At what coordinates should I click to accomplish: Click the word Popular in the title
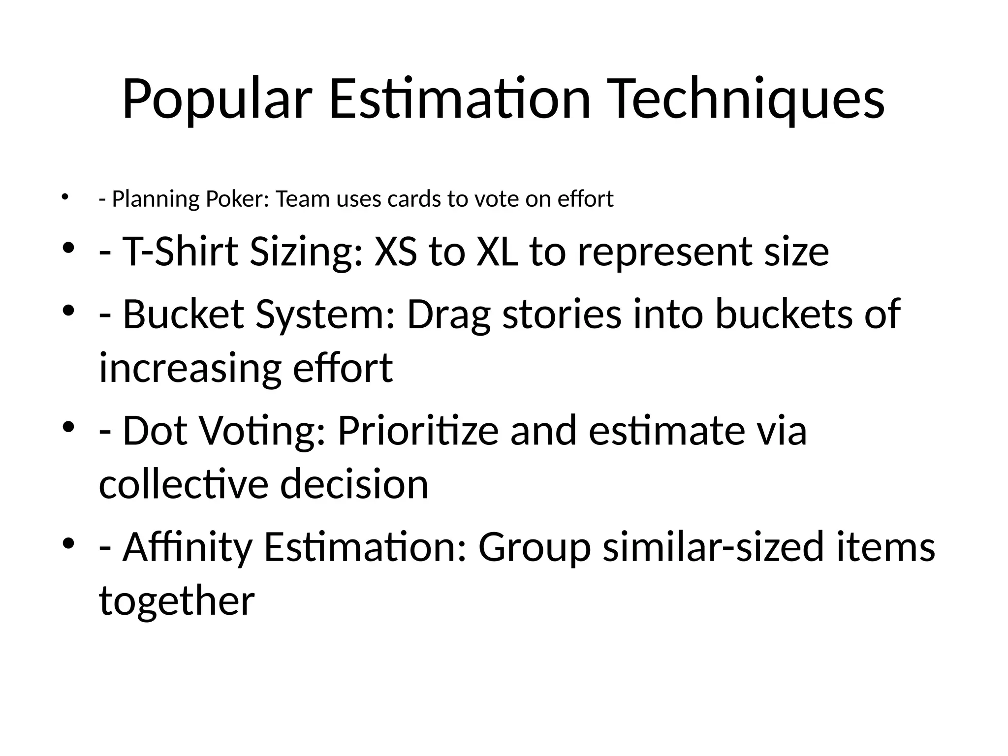point(217,99)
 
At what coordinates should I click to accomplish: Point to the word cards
point(414,199)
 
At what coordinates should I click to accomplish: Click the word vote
point(496,199)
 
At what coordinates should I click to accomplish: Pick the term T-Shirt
point(180,252)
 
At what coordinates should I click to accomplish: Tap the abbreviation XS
point(395,252)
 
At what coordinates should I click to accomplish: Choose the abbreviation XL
point(497,252)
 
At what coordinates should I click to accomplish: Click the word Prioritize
point(418,431)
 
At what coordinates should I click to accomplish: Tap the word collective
point(184,484)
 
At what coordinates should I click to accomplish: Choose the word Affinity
point(187,548)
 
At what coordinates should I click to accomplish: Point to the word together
point(177,601)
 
